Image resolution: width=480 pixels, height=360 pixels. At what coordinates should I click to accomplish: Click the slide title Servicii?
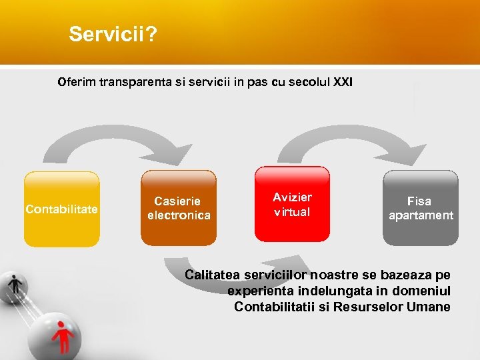pos(113,35)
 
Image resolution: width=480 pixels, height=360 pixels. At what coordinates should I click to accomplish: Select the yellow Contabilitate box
pos(61,209)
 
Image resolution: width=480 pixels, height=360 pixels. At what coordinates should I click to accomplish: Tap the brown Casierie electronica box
pos(179,208)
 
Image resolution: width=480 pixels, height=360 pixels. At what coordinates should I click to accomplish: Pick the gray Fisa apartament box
pos(420,208)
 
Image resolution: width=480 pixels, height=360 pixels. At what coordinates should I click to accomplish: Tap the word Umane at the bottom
pos(433,307)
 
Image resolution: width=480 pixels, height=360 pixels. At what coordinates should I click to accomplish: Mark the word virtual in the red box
pos(292,212)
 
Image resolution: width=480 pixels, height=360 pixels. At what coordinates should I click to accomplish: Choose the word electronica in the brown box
pos(179,215)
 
